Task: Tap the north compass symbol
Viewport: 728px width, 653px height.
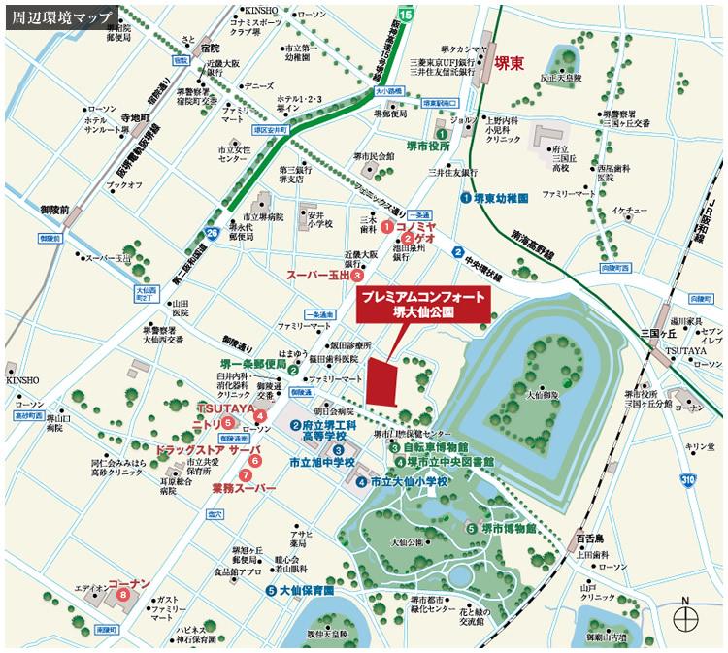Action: click(x=687, y=616)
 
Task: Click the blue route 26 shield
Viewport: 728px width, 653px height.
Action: click(x=212, y=233)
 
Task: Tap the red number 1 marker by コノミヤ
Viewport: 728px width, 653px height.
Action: click(x=387, y=226)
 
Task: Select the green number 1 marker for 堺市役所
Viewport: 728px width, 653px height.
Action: click(x=441, y=134)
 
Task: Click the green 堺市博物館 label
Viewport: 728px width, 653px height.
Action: click(x=508, y=528)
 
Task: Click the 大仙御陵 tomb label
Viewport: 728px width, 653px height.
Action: click(x=543, y=395)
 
